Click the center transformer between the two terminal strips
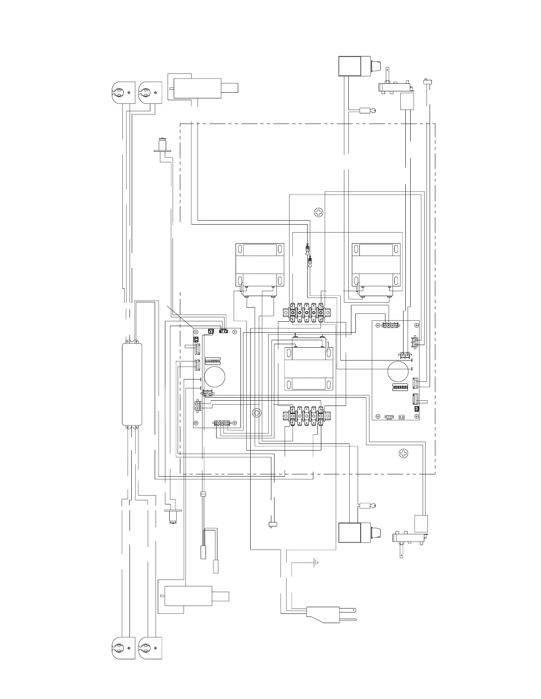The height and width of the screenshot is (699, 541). tap(308, 369)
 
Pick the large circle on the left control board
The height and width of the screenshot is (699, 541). tap(214, 376)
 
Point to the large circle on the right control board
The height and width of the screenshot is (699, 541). tap(400, 372)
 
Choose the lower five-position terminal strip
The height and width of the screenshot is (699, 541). tap(307, 415)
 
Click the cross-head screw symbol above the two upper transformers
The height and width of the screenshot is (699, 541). tap(319, 213)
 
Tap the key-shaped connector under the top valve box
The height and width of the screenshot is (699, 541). tap(367, 111)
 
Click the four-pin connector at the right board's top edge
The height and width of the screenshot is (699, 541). tap(390, 326)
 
